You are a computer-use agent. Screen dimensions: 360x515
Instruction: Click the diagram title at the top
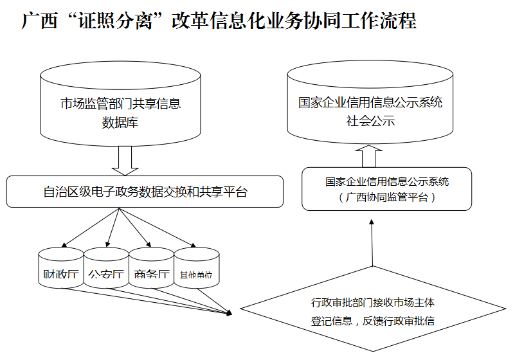tap(219, 22)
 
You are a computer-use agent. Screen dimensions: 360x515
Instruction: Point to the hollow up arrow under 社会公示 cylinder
tap(370, 156)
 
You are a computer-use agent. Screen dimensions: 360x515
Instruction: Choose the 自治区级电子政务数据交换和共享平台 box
tap(145, 192)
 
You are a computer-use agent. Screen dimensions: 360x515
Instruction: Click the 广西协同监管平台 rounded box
tap(386, 189)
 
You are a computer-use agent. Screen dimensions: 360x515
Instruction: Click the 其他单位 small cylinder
tap(196, 269)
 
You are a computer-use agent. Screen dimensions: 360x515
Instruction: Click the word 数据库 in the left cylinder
tap(120, 123)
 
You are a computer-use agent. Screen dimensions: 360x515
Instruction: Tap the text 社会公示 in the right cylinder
tap(370, 121)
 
